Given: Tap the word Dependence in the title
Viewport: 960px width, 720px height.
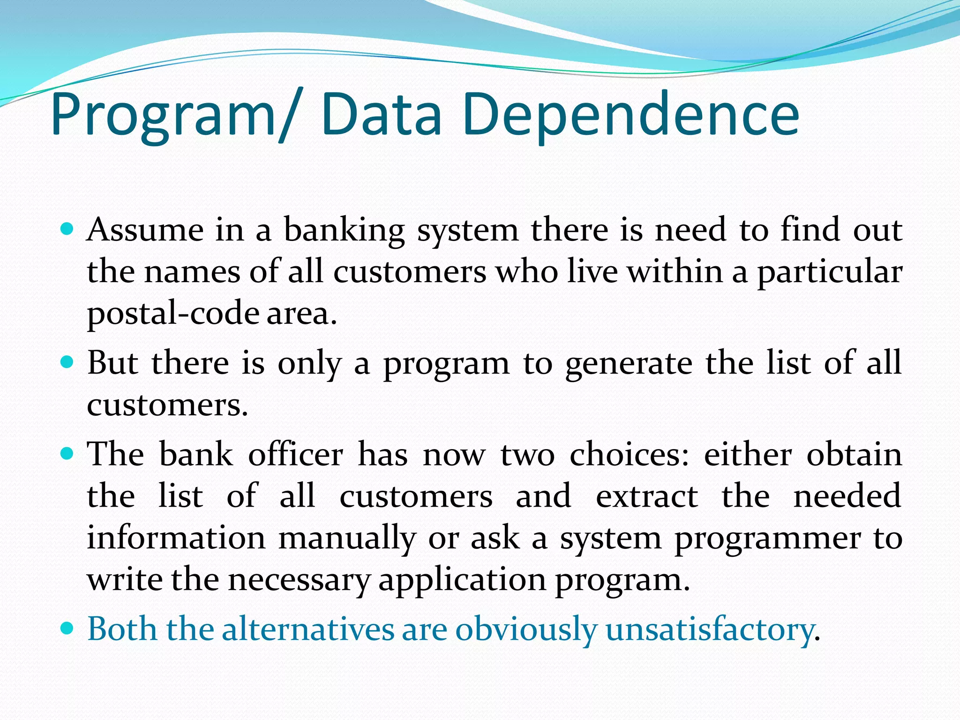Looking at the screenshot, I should pyautogui.click(x=630, y=115).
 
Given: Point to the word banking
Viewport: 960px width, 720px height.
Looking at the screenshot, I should pyautogui.click(x=345, y=231).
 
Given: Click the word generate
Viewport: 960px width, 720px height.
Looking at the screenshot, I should pyautogui.click(x=629, y=364).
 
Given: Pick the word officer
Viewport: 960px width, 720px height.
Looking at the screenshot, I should pyautogui.click(x=295, y=454).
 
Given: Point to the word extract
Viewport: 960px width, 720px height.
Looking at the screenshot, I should pyautogui.click(x=647, y=496).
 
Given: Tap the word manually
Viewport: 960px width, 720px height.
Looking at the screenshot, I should pyautogui.click(x=347, y=538).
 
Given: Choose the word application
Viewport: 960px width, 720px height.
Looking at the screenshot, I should pyautogui.click(x=462, y=580).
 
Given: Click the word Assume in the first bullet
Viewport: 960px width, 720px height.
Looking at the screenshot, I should pyautogui.click(x=145, y=230).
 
